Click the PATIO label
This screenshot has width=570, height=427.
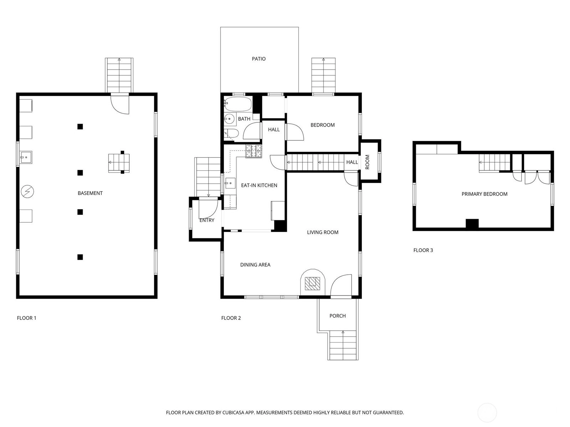(x=259, y=59)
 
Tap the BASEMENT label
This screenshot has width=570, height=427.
(x=90, y=193)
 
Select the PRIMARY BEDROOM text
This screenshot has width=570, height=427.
(x=484, y=194)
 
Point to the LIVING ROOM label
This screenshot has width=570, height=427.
(x=322, y=232)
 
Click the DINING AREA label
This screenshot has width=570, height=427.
(x=255, y=265)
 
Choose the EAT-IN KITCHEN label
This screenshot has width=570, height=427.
(x=259, y=185)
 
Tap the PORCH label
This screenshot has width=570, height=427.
(x=338, y=316)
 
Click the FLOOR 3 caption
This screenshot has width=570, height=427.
(x=423, y=250)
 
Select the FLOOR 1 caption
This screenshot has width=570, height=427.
(x=26, y=318)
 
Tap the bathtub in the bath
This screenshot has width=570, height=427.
(x=238, y=105)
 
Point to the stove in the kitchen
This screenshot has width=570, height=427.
(x=254, y=151)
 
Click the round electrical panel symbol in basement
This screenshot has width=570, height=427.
(x=27, y=192)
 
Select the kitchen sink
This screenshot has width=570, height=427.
(x=230, y=183)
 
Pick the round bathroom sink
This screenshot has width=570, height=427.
(x=229, y=119)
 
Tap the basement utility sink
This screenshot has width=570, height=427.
(x=26, y=157)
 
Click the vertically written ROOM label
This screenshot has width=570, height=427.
(x=367, y=162)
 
